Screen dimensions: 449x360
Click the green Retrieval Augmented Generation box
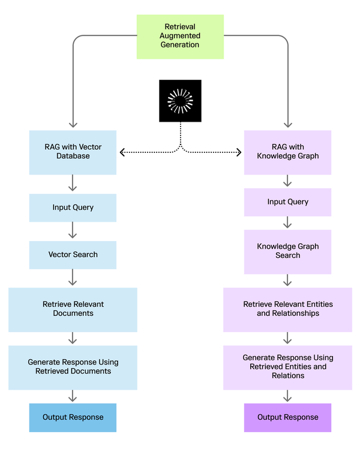click(x=180, y=37)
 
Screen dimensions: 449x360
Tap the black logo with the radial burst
click(x=180, y=101)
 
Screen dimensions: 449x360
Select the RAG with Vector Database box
click(x=73, y=152)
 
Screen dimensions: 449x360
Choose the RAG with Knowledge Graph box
click(x=287, y=152)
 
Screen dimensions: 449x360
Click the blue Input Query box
click(x=73, y=207)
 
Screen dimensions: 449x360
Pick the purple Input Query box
click(x=287, y=202)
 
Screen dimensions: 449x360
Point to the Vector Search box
click(x=73, y=255)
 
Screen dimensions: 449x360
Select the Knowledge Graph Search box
click(x=287, y=251)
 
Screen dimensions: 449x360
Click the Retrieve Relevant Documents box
click(x=73, y=309)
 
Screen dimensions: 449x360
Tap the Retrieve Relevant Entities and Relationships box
click(x=287, y=309)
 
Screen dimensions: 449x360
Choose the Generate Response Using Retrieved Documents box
click(x=73, y=367)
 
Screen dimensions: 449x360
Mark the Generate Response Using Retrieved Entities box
click(x=287, y=367)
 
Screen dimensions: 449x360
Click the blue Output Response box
click(x=73, y=418)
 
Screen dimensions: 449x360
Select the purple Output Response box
click(x=287, y=418)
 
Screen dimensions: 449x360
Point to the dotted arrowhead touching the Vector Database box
click(x=122, y=152)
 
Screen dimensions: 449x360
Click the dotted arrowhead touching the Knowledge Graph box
click(x=238, y=152)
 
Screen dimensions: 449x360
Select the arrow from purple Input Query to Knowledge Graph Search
click(x=287, y=223)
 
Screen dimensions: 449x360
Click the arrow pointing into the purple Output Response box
click(x=287, y=396)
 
